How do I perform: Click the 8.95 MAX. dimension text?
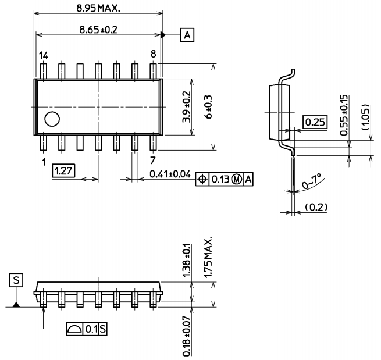tap(98, 8)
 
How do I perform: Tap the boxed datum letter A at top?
tap(187, 35)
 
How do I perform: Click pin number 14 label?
tap(43, 55)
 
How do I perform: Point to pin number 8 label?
tap(153, 54)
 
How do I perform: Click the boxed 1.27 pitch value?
tap(61, 170)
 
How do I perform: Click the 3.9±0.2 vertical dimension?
tap(186, 106)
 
